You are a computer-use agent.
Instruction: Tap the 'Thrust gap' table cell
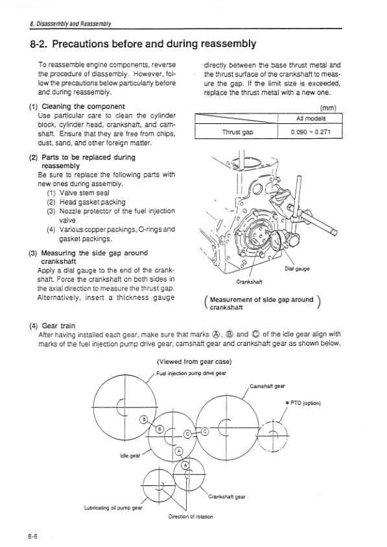point(237,132)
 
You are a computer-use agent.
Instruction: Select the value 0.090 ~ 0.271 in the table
point(311,132)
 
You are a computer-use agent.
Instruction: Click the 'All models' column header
point(311,119)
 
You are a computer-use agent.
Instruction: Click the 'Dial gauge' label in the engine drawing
point(297,269)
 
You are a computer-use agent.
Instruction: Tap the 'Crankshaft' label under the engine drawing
point(249,282)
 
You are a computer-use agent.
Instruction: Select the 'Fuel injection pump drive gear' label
point(191,373)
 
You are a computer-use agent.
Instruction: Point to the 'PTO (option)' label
point(303,403)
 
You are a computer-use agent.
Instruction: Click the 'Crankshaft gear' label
point(227,497)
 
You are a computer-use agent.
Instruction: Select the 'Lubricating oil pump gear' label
point(113,507)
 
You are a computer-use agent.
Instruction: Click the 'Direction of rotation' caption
point(191,517)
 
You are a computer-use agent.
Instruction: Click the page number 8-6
point(33,537)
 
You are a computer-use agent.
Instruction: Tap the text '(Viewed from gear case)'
point(194,362)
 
